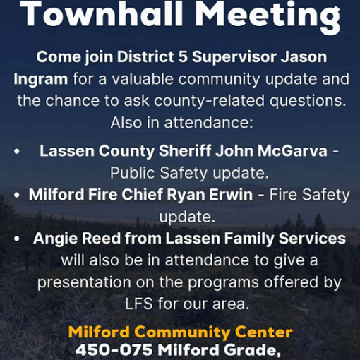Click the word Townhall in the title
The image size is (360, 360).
click(102, 13)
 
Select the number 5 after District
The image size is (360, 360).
click(183, 57)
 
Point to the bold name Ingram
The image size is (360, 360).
click(41, 80)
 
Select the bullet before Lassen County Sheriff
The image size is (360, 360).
click(17, 152)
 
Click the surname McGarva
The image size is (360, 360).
click(292, 150)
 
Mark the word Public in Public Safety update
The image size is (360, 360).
click(132, 173)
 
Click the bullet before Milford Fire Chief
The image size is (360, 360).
click(17, 196)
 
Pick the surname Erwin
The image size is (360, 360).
click(231, 195)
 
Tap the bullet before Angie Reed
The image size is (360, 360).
click(17, 239)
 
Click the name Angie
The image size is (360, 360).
click(55, 239)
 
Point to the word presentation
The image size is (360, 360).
click(84, 282)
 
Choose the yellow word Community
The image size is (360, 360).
click(181, 332)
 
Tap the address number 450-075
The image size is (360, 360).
click(114, 350)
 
